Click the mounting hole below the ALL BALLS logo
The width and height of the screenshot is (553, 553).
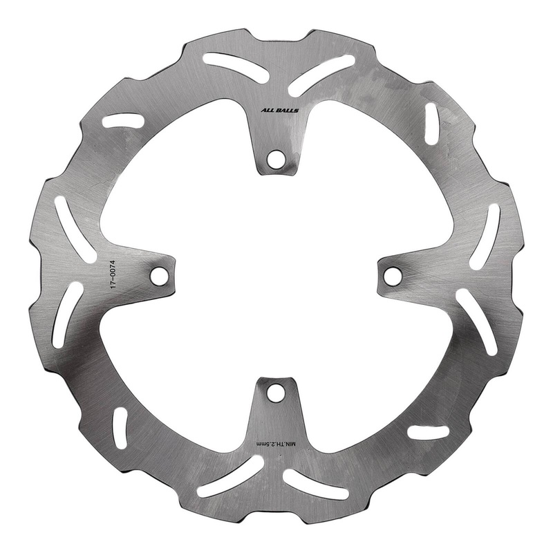coord(276,158)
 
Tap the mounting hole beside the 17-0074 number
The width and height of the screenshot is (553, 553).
coord(160,276)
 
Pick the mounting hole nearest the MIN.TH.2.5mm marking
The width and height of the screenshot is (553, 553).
coord(276,393)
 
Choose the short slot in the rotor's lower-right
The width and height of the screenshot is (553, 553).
coord(428,433)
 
